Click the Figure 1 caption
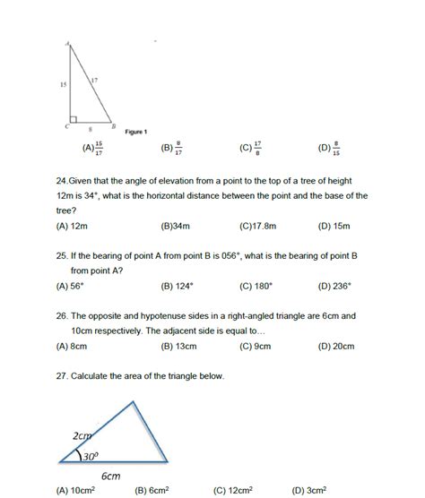pyautogui.click(x=135, y=132)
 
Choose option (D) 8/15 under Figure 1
pyautogui.click(x=329, y=149)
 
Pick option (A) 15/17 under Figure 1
pyautogui.click(x=93, y=149)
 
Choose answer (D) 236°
pyautogui.click(x=334, y=287)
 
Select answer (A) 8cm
pyautogui.click(x=71, y=345)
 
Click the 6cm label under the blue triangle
pyautogui.click(x=110, y=475)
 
